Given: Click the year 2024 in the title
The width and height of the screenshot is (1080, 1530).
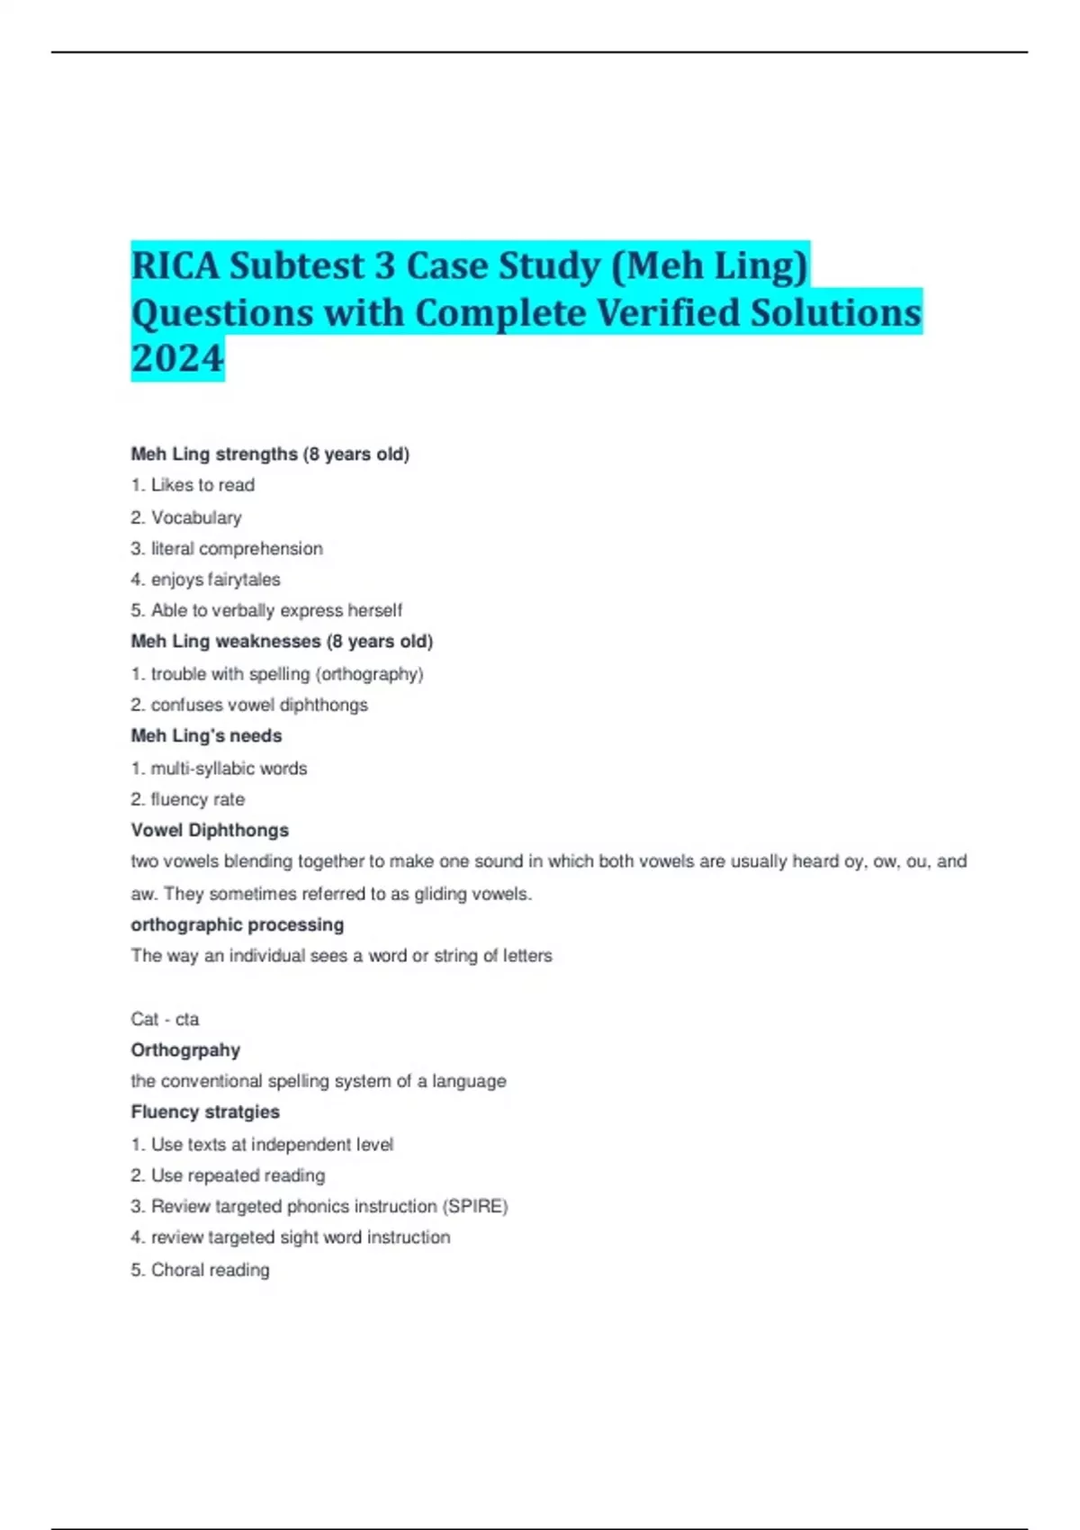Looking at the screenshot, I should click(x=177, y=358).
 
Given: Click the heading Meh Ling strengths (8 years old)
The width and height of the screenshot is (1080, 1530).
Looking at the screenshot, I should click(x=270, y=454).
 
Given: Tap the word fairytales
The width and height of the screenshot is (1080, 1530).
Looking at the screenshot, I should click(x=244, y=580).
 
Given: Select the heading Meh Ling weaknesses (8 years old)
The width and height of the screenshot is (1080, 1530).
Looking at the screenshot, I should click(x=282, y=642).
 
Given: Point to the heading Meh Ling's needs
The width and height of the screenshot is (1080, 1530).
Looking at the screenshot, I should click(x=206, y=736).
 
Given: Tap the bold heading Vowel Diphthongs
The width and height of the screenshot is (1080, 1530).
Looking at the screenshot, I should click(x=210, y=831).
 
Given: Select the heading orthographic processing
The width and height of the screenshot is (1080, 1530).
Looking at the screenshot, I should click(x=237, y=925).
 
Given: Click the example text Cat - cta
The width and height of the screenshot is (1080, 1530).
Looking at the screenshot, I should click(x=165, y=1019).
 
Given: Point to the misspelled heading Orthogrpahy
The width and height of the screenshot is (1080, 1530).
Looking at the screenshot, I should click(x=185, y=1050).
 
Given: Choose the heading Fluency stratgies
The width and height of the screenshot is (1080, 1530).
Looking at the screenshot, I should click(x=205, y=1112).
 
